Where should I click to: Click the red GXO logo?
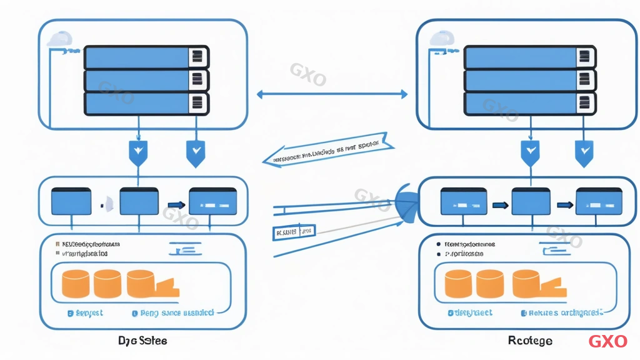tap(607, 341)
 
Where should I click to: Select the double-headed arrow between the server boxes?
tap(332, 94)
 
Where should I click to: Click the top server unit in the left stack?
tap(146, 56)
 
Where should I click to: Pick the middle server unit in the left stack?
tap(146, 79)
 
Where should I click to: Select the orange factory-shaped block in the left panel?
tap(154, 285)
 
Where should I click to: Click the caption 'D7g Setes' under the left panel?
tap(142, 341)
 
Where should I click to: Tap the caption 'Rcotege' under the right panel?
tap(530, 341)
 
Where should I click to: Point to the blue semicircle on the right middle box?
tap(407, 205)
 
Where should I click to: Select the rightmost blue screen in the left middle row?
tap(212, 202)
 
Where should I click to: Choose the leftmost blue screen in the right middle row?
tap(463, 202)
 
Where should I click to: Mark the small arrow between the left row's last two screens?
tap(176, 204)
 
